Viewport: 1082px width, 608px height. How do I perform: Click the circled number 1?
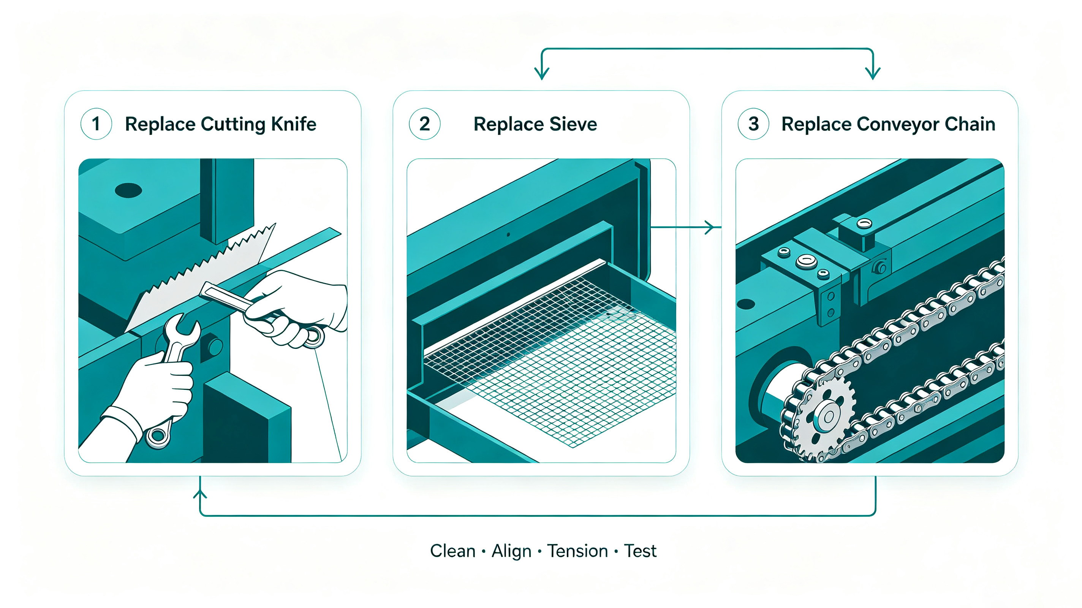point(96,124)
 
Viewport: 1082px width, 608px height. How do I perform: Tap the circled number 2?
point(425,124)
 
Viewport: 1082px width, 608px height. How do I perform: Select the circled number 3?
point(753,124)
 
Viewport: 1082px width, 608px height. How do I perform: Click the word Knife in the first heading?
point(293,124)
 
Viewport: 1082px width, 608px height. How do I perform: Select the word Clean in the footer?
point(452,551)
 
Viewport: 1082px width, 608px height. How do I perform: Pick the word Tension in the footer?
point(577,551)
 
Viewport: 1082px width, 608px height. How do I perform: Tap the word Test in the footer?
point(640,551)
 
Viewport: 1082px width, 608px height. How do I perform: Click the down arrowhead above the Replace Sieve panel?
point(542,74)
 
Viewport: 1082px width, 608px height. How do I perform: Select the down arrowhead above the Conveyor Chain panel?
point(873,74)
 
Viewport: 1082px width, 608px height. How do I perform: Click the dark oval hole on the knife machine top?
point(128,190)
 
